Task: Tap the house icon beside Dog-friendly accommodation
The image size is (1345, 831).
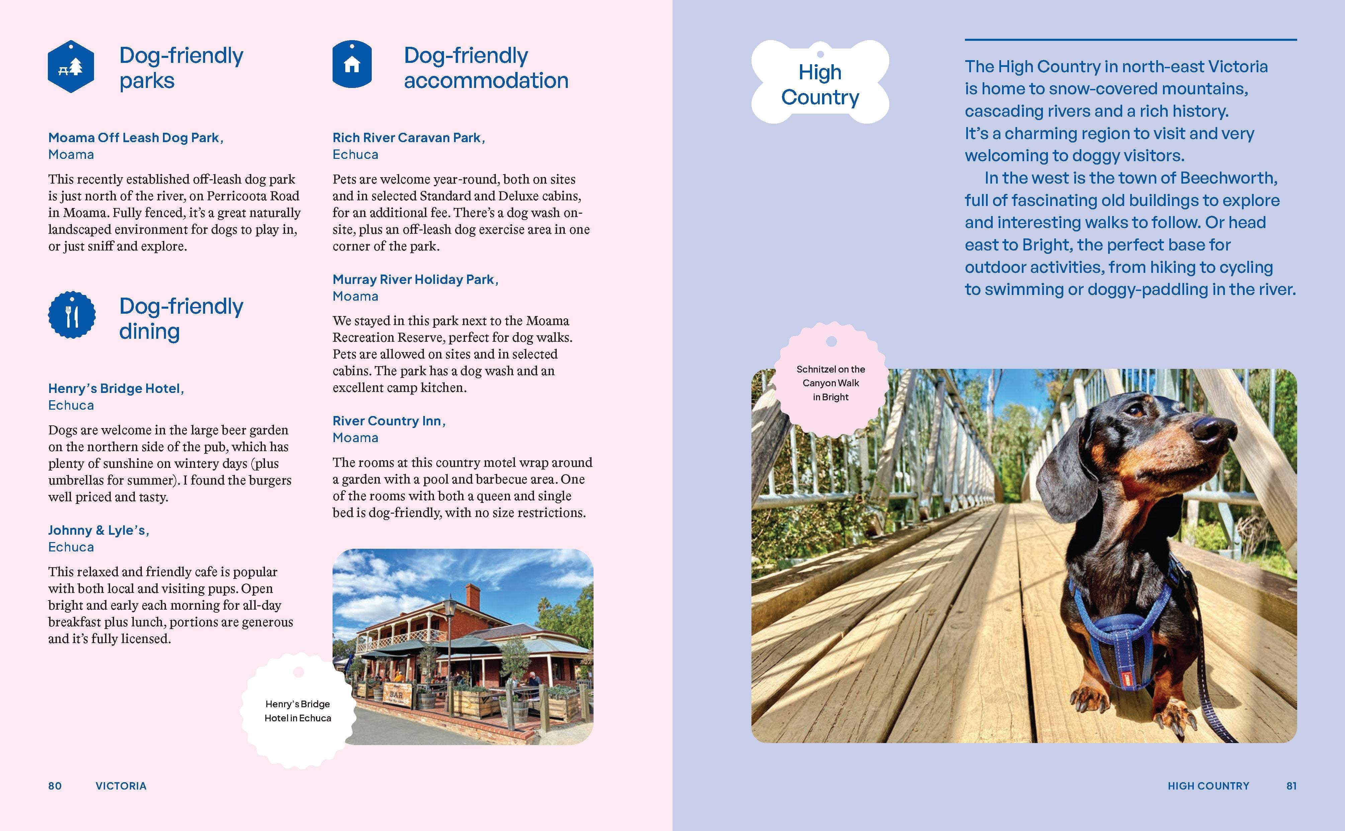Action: [352, 64]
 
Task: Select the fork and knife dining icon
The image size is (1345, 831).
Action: [72, 315]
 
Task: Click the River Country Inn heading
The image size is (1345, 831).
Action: [388, 421]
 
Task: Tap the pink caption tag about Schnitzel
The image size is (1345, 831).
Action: [831, 383]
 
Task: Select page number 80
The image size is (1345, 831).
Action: [55, 786]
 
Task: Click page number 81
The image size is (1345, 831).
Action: [1291, 786]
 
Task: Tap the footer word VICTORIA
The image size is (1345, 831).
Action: [121, 786]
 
